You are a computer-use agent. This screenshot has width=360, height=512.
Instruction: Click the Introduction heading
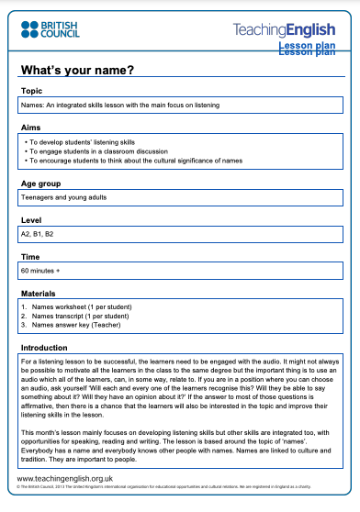pyautogui.click(x=46, y=349)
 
